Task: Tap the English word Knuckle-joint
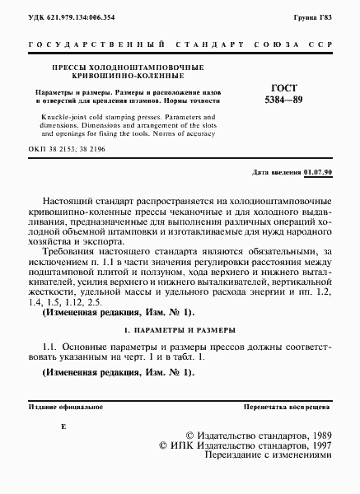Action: tap(49, 118)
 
